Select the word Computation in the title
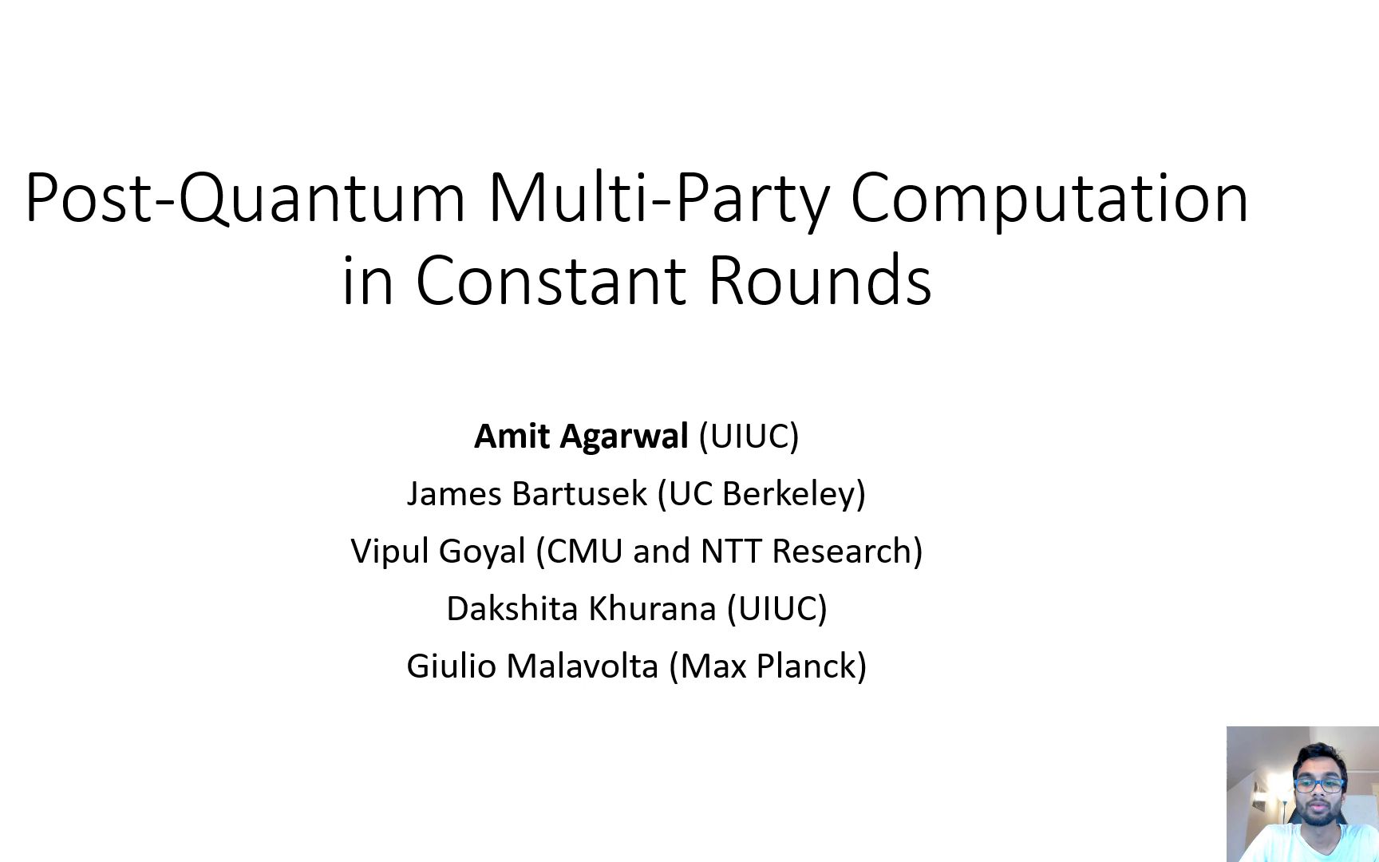[x=1049, y=198]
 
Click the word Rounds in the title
[x=820, y=281]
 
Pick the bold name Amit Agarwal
[x=580, y=437]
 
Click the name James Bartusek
[x=526, y=494]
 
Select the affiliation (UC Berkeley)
[x=761, y=494]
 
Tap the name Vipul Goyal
[x=438, y=552]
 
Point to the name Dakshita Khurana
[x=580, y=609]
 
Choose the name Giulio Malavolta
[x=532, y=666]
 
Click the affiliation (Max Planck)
[x=768, y=666]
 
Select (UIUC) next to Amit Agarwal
[x=749, y=437]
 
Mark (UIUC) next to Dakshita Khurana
[x=776, y=609]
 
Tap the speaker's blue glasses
[x=1320, y=785]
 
